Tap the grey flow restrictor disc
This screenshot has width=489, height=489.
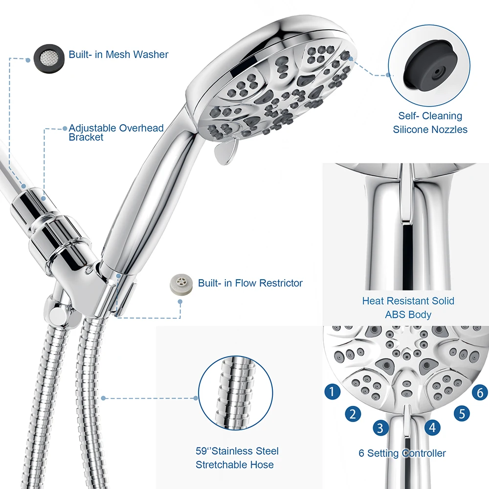coord(180,284)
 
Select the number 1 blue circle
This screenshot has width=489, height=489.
coord(333,391)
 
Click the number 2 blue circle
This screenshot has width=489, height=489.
coord(353,414)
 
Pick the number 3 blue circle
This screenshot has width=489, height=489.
coord(380,428)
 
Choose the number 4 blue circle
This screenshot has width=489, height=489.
coord(431,428)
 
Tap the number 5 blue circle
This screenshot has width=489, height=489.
coord(462,414)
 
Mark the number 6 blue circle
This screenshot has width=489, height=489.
coord(480,392)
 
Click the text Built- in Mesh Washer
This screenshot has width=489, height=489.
coord(118,54)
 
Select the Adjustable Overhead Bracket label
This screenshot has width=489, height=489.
coord(116,133)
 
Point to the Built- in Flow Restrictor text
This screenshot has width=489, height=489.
coord(250,283)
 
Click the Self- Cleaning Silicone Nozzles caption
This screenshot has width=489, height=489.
coord(430,123)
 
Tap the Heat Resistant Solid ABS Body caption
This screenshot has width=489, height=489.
coord(408,308)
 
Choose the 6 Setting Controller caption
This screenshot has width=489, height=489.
coord(402,453)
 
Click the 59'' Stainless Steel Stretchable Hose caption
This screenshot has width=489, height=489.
coord(237,458)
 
